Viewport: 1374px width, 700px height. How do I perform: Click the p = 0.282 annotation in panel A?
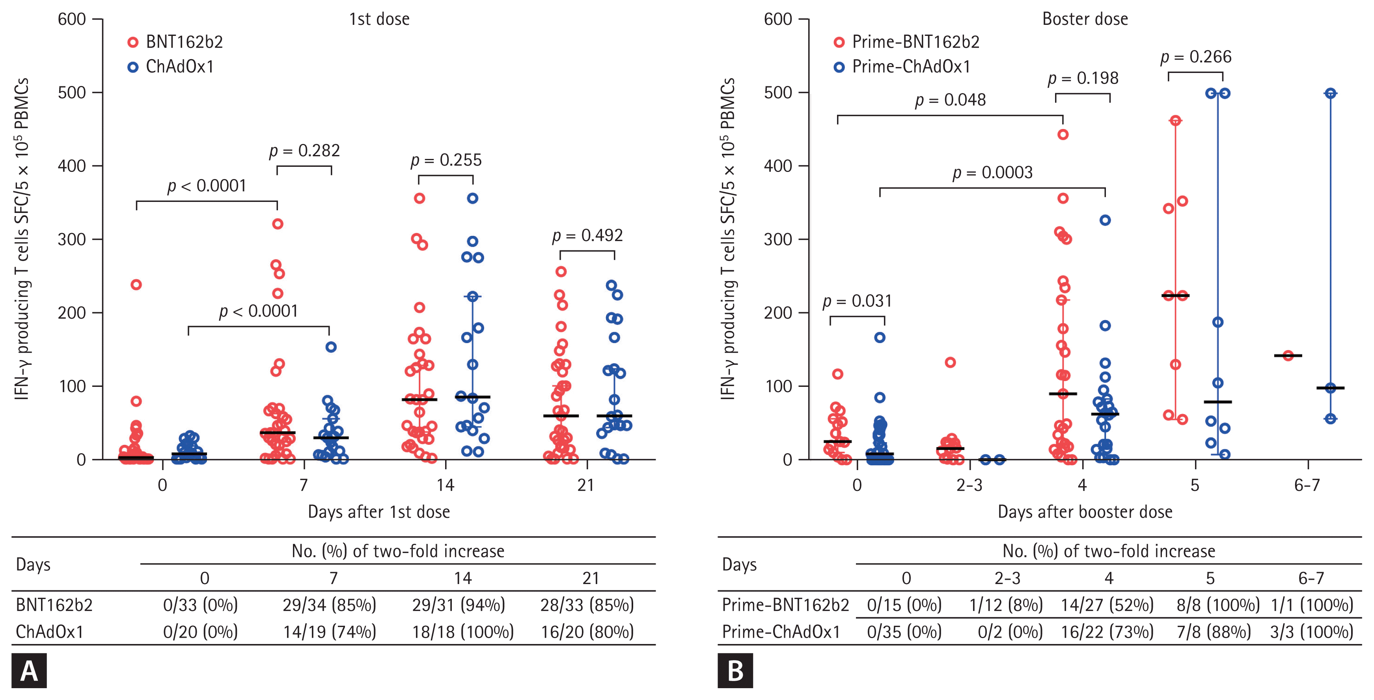pos(304,151)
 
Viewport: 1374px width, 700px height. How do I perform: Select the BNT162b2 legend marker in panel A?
pos(133,42)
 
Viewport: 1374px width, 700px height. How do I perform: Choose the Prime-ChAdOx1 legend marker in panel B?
pos(839,67)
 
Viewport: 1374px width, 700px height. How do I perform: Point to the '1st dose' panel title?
pos(379,19)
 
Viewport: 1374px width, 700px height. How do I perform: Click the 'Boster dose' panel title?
pos(1085,19)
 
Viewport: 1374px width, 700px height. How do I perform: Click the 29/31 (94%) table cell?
pos(458,605)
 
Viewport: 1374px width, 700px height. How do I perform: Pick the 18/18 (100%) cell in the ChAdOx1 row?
pos(462,632)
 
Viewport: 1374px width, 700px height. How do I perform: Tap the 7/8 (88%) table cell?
pos(1214,632)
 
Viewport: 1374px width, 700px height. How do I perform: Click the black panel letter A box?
pos(29,671)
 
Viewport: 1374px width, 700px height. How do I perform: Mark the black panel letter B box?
pos(735,671)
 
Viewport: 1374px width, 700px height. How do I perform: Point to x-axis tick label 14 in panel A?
pos(446,485)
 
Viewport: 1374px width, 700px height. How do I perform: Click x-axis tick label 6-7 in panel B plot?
pos(1307,485)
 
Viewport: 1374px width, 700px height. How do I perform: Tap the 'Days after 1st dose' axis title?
pos(379,512)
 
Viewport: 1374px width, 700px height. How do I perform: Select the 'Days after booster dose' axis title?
pos(1085,512)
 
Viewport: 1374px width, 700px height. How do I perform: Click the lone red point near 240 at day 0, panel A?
pos(136,285)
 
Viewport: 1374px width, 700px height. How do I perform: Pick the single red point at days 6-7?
pos(1288,356)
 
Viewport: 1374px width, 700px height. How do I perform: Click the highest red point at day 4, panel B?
pos(1063,135)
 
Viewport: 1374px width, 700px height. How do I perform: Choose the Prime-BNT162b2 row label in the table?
pos(785,605)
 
